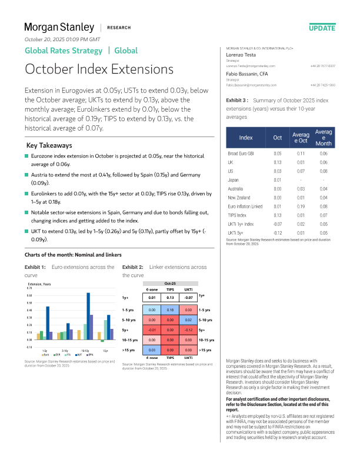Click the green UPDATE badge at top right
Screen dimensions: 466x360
click(322, 28)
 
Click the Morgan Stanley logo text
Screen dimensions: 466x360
click(59, 27)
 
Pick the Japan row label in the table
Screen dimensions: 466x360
click(234, 179)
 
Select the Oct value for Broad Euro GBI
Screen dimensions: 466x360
click(278, 153)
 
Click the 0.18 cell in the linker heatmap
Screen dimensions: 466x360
click(170, 309)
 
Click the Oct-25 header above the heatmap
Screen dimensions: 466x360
click(170, 282)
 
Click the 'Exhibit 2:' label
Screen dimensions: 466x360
click(133, 267)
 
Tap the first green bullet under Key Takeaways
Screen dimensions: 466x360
click(26, 156)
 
